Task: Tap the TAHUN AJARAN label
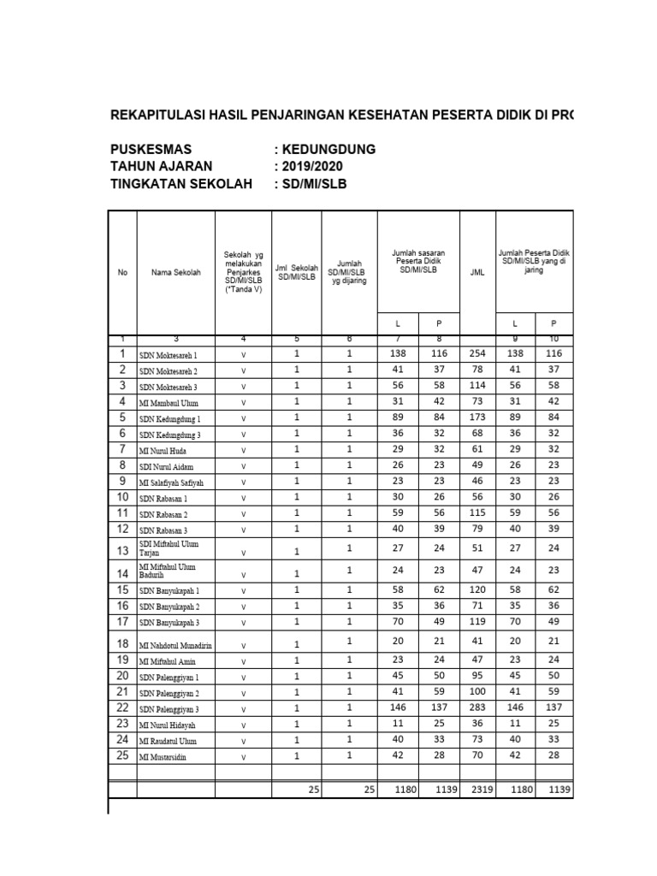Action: (162, 166)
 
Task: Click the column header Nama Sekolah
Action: (175, 272)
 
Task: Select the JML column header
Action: (477, 273)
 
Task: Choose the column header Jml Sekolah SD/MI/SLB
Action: (296, 272)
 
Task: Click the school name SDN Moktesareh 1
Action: (169, 355)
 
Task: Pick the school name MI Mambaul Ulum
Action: (169, 403)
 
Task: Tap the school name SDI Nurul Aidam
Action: (168, 466)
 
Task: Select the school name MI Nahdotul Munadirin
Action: (175, 644)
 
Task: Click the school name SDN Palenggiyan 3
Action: (169, 709)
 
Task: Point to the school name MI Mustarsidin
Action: (165, 757)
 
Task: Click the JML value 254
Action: (477, 353)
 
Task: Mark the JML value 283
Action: (477, 707)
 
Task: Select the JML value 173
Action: (477, 417)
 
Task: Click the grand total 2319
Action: (477, 790)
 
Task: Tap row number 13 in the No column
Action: (122, 550)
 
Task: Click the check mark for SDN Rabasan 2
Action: (243, 515)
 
